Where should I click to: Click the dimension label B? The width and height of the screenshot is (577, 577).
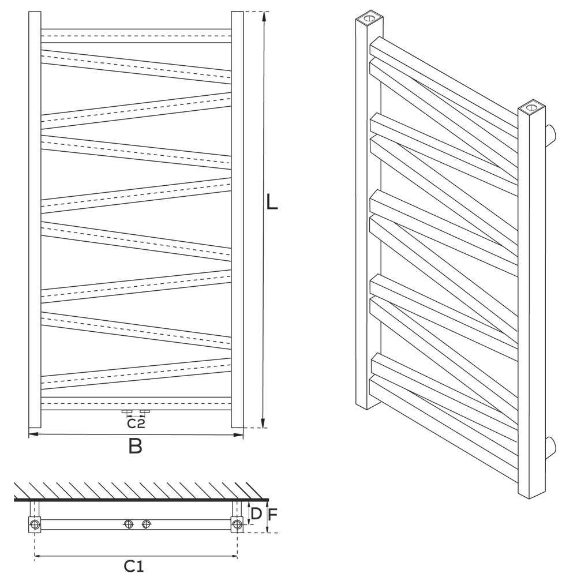pyautogui.click(x=136, y=446)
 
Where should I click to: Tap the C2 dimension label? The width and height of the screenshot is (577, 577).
pyautogui.click(x=136, y=424)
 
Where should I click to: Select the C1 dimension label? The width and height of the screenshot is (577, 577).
pyautogui.click(x=133, y=565)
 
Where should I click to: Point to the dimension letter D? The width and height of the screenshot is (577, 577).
pyautogui.click(x=256, y=514)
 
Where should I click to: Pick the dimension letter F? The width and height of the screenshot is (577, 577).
pyautogui.click(x=273, y=515)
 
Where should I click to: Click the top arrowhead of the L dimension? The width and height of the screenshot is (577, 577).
pyautogui.click(x=263, y=16)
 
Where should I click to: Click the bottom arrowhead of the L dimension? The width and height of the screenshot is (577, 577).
pyautogui.click(x=263, y=424)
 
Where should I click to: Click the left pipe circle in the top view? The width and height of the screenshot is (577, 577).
pyautogui.click(x=35, y=524)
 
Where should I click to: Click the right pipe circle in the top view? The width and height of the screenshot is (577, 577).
pyautogui.click(x=237, y=524)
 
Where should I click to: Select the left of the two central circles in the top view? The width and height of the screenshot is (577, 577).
pyautogui.click(x=129, y=524)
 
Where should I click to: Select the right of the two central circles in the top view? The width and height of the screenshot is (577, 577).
pyautogui.click(x=146, y=524)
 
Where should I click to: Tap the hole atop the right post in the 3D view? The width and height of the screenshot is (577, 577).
pyautogui.click(x=531, y=107)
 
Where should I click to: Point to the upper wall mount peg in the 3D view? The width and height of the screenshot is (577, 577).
pyautogui.click(x=550, y=134)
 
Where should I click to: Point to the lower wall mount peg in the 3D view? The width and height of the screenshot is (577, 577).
pyautogui.click(x=550, y=448)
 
